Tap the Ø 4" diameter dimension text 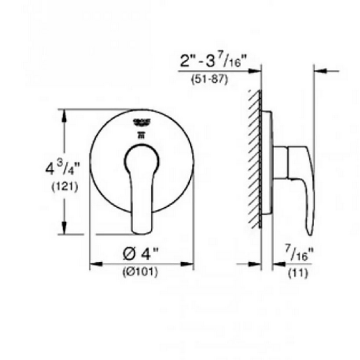click(141, 254)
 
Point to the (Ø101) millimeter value click(140, 272)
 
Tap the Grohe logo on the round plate click(141, 122)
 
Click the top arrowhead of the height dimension click(64, 114)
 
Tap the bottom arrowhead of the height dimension click(64, 230)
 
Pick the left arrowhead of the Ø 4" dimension click(95, 265)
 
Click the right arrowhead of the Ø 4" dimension click(189, 265)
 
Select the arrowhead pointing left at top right click(319, 71)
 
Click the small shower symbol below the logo click(141, 135)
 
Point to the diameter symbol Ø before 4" click(130, 254)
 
